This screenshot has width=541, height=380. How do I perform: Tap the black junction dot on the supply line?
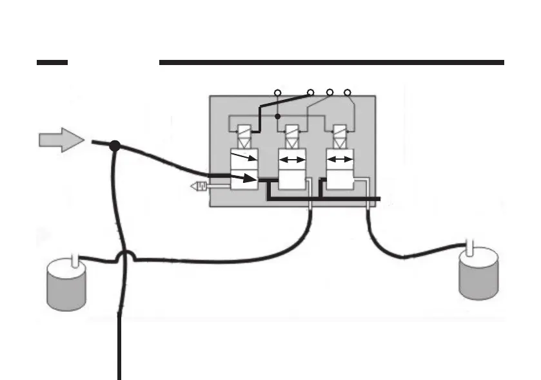coord(115,146)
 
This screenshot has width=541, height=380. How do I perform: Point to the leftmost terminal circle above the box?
coord(277,92)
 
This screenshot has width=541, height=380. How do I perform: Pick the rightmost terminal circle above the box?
coord(348,92)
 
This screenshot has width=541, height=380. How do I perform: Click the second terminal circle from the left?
coord(310,92)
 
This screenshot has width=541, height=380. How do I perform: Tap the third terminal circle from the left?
coord(330,92)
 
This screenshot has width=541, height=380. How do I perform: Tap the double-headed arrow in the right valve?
coord(340,160)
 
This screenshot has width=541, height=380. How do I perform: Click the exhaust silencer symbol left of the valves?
coord(200,187)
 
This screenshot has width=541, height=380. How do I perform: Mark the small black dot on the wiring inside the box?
coord(277,117)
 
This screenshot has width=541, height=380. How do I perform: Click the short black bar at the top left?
coord(52,62)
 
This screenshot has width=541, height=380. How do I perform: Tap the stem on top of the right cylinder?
coord(471,247)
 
